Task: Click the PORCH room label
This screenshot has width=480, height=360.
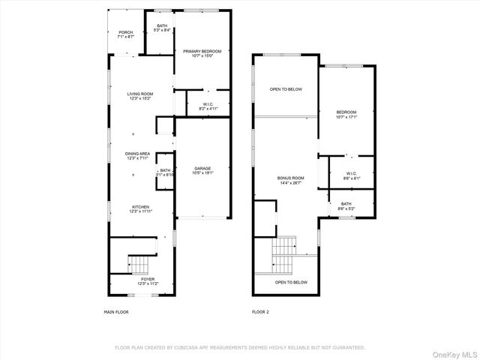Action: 125,33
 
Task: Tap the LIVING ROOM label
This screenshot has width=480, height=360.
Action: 140,94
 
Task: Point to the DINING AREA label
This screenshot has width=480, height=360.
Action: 138,154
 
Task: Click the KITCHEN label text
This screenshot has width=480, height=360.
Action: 140,207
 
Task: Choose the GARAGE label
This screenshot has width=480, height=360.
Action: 202,168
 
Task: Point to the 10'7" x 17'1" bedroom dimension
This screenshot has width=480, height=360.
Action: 346,117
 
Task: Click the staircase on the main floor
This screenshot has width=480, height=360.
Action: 139,263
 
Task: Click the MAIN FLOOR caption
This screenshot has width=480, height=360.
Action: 115,311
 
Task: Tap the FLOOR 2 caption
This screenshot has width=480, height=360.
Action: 259,311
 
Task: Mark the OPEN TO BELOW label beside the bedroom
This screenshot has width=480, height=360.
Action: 286,89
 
